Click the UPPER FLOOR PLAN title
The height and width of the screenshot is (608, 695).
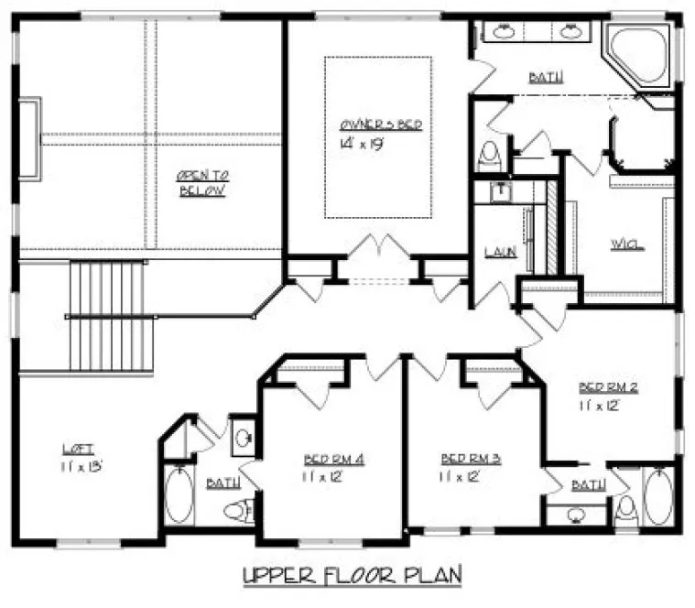coord(352,575)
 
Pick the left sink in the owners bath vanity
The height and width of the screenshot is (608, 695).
coord(503,33)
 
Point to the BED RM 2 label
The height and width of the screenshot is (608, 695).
coord(608,386)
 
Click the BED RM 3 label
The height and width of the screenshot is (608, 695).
coord(469,458)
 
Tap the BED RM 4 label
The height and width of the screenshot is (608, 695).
coord(334,458)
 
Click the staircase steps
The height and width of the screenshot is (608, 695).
coord(108,316)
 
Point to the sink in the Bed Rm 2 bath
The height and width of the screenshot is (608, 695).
coord(575,514)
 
